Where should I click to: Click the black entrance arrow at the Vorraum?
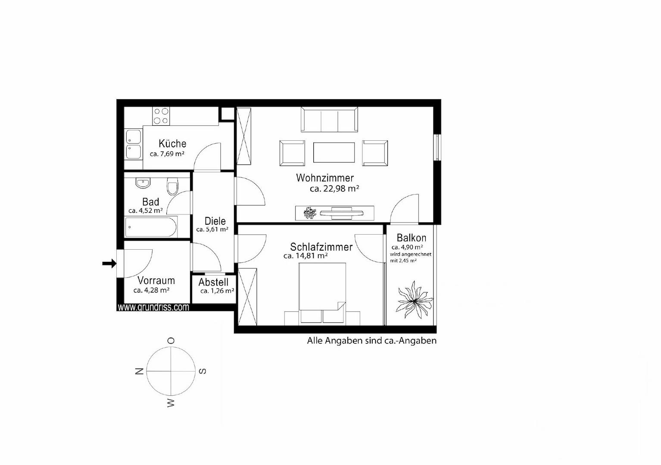(x=109, y=263)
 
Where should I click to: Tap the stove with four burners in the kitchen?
(x=161, y=116)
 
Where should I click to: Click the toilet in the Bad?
(x=172, y=186)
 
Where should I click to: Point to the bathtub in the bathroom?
(x=150, y=227)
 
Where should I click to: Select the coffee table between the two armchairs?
(x=334, y=153)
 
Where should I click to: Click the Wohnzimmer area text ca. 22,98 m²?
(x=334, y=189)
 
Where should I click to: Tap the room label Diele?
(x=215, y=221)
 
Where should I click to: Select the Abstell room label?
(x=213, y=282)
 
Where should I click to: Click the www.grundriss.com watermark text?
(x=153, y=307)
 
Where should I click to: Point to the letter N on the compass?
(x=139, y=371)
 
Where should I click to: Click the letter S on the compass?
(x=203, y=371)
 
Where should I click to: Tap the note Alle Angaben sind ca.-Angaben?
(x=371, y=341)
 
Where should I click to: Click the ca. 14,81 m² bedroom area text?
(x=306, y=256)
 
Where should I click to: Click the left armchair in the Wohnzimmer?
(x=292, y=153)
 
